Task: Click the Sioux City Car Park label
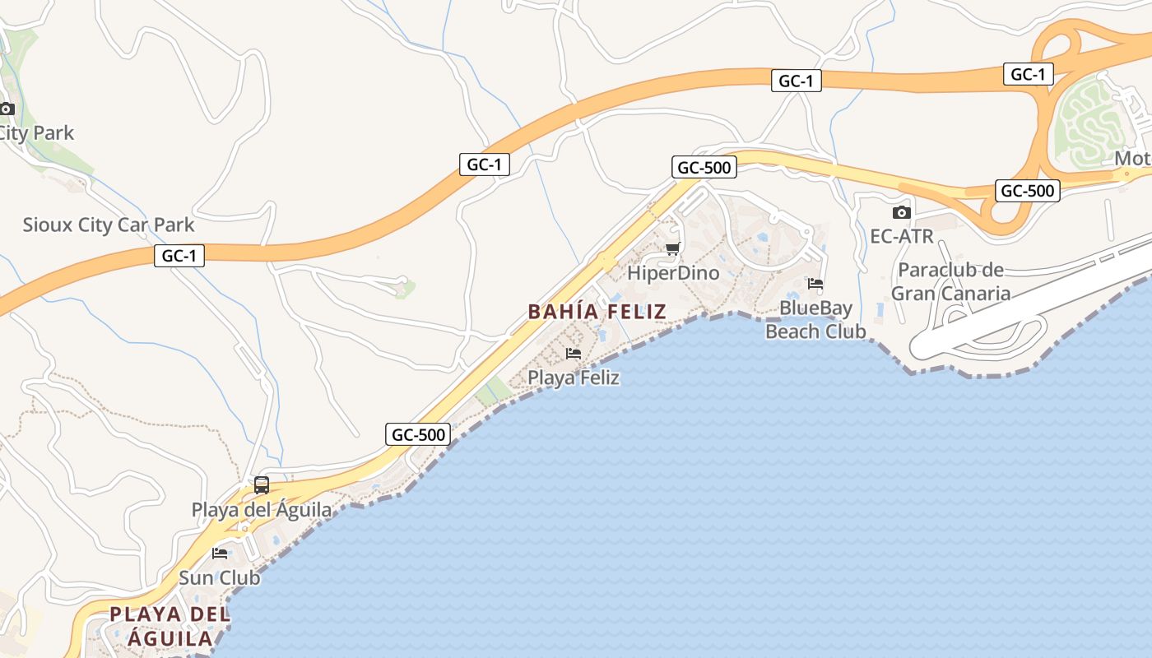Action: pos(109,225)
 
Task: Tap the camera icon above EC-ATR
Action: pos(902,212)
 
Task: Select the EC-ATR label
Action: pos(902,237)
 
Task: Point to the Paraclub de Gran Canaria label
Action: pos(950,281)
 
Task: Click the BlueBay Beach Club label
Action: pos(815,320)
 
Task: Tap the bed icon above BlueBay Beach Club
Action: pos(815,284)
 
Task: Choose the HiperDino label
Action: pos(673,273)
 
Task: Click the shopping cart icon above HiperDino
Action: pos(672,248)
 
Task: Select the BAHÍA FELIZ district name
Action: pos(597,312)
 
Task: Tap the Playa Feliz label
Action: pos(574,378)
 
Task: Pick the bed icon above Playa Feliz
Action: pos(574,354)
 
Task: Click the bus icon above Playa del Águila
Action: pos(262,485)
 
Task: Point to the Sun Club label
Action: pos(220,577)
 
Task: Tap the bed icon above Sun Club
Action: pos(220,553)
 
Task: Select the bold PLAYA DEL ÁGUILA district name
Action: pos(169,626)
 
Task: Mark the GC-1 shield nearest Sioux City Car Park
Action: pos(179,256)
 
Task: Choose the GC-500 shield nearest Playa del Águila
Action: pos(418,434)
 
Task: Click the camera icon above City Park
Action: pos(7,109)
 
